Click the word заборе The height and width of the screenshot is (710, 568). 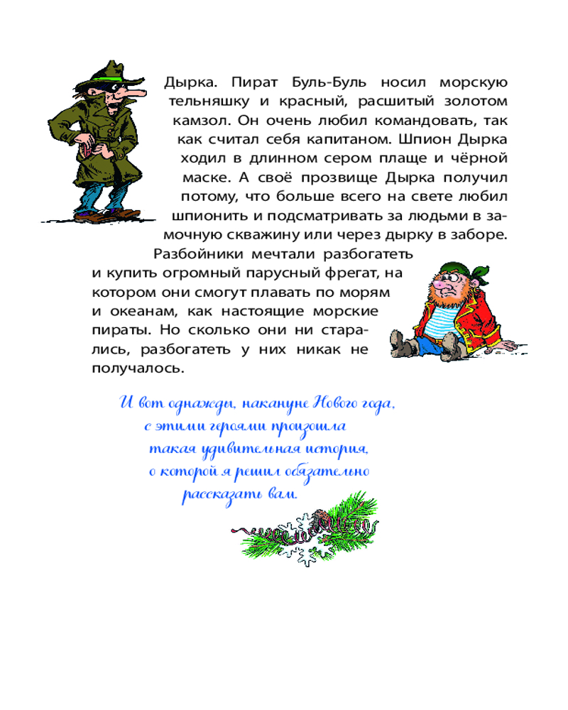tap(479, 235)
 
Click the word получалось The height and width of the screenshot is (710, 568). tap(138, 368)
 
